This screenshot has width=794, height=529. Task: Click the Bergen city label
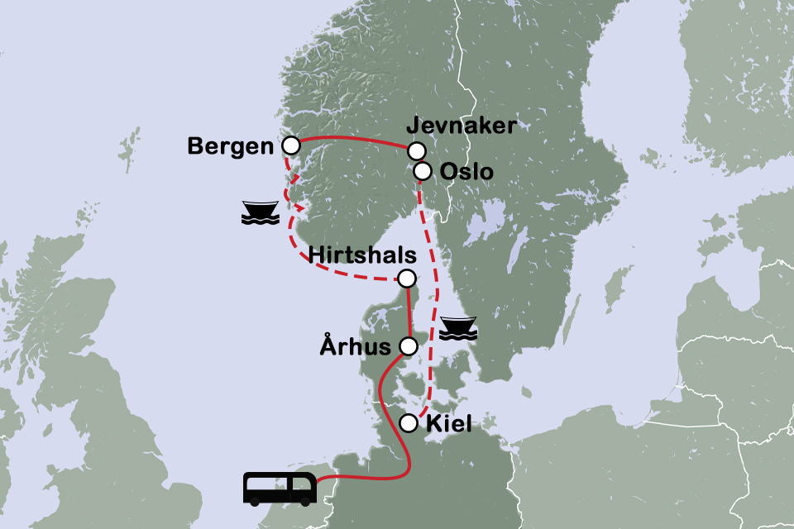230,146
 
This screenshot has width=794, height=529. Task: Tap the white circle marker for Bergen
290,145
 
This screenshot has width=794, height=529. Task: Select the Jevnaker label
462,126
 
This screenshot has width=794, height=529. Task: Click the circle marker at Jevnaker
416,150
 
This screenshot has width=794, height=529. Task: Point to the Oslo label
466,172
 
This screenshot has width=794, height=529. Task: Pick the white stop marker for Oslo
422,171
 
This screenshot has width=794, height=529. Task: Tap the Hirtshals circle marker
406,279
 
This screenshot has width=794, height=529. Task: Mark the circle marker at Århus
408,346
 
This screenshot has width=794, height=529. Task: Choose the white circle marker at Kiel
408,424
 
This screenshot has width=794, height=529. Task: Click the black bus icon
280,488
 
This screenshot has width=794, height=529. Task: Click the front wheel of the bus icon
306,500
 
